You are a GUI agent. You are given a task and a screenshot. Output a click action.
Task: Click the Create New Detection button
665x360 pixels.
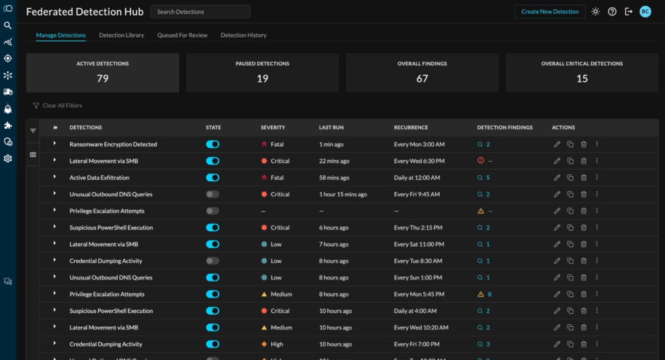550,12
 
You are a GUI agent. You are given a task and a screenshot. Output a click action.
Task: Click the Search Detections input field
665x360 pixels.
200,12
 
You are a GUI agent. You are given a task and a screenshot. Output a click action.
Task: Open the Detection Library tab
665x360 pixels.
121,35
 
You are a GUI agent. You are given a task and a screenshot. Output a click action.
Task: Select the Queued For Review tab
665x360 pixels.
182,35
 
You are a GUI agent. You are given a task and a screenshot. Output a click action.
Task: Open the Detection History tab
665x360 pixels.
244,35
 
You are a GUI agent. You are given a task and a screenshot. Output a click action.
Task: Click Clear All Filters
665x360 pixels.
62,105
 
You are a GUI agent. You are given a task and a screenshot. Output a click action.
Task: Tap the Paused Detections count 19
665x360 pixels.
262,79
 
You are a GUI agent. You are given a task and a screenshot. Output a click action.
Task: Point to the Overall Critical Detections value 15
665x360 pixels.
582,79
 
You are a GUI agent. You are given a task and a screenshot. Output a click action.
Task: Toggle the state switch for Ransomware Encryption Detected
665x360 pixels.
212,144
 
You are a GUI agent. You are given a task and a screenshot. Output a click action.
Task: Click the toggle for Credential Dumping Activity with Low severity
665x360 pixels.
212,261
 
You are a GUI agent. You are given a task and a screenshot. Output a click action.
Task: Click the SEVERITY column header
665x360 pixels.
273,127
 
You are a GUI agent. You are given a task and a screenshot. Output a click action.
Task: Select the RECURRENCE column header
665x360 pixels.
411,127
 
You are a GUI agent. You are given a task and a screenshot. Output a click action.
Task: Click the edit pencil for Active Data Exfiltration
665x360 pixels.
557,177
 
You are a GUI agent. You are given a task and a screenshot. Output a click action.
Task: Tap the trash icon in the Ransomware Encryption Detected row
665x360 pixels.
583,144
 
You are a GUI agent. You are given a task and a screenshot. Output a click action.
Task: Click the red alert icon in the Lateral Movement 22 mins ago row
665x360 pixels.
481,161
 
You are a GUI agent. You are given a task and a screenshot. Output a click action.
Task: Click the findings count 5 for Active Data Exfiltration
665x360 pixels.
488,177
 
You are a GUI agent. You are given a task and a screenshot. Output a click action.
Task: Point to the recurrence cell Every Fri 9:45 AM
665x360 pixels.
417,194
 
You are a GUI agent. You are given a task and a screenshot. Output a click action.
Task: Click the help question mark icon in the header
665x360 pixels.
612,12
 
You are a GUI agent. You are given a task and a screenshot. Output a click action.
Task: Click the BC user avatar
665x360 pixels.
645,12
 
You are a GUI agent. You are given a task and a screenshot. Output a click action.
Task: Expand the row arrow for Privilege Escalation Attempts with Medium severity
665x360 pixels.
55,294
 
